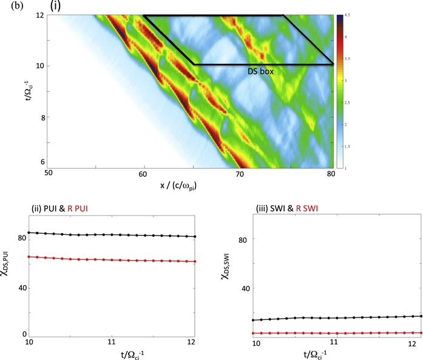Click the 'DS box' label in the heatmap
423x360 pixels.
[x=260, y=72]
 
